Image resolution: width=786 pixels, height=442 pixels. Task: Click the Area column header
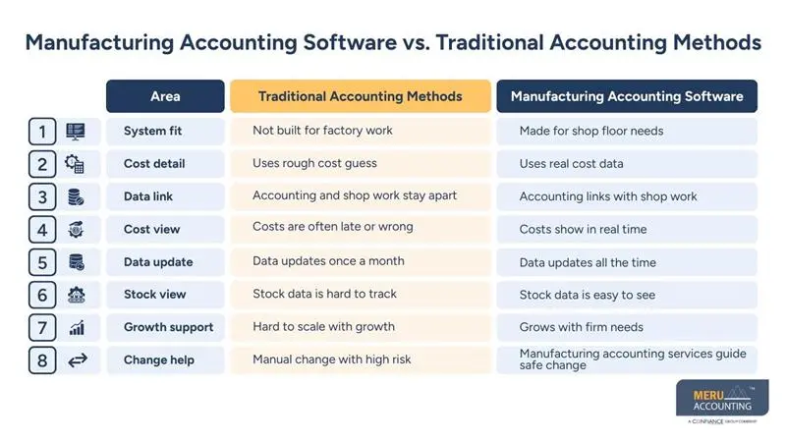click(165, 96)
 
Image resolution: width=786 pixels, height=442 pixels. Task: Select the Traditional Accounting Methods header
click(360, 96)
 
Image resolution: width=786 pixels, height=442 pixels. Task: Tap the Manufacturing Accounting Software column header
click(627, 96)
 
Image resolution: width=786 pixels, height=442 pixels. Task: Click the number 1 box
click(42, 132)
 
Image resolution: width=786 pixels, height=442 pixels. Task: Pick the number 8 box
click(42, 360)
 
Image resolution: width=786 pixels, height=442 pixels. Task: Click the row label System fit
click(152, 132)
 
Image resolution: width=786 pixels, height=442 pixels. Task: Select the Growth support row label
click(168, 327)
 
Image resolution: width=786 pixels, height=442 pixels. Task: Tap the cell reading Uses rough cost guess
click(314, 163)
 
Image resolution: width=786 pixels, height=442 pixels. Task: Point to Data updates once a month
click(328, 261)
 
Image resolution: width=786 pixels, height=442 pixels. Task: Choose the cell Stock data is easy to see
click(588, 295)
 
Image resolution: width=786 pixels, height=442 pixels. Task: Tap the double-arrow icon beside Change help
click(77, 360)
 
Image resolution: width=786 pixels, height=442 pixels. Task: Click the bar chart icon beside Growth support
click(77, 328)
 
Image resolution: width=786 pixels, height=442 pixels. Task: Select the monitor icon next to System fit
click(76, 132)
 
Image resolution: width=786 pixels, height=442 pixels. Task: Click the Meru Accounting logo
click(723, 401)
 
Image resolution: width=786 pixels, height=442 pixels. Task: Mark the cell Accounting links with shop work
click(608, 196)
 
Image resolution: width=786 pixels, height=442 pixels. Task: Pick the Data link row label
click(148, 196)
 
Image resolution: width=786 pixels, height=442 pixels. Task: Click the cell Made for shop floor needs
click(591, 132)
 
